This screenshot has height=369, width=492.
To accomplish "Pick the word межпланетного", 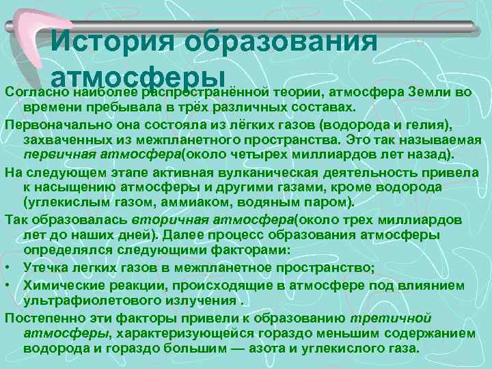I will (178, 139).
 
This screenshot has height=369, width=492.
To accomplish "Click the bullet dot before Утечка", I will (9, 266).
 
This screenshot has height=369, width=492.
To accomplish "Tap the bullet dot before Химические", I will (9, 284).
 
